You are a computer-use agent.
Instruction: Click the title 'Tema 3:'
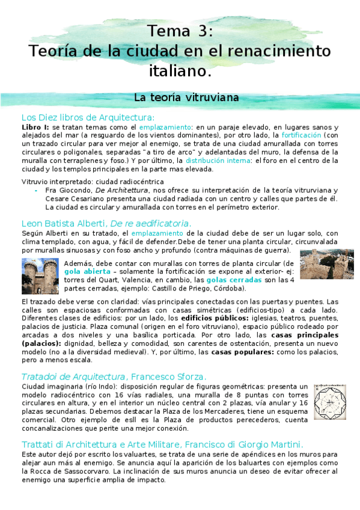click(x=180, y=31)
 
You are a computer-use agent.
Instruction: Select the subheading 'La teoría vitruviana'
click(x=186, y=97)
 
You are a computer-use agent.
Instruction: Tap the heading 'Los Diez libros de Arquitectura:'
click(x=88, y=117)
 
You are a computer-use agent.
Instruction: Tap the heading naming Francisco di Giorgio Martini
click(x=162, y=443)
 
